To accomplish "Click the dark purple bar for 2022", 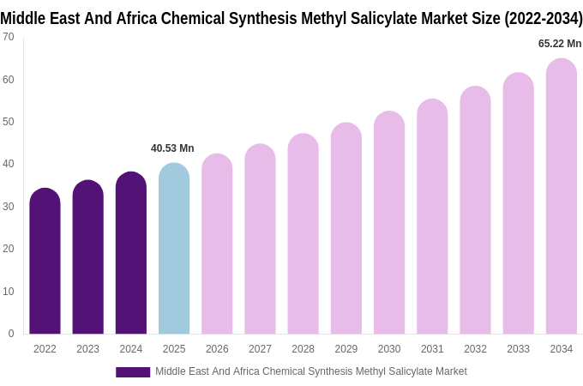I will click(x=45, y=262).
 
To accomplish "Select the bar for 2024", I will click(x=131, y=253).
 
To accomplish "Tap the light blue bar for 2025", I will click(x=174, y=249).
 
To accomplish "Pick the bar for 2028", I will click(x=303, y=234).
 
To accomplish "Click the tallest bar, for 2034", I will click(x=562, y=197).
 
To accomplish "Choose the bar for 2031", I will click(x=432, y=217).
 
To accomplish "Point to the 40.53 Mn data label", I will click(x=172, y=148).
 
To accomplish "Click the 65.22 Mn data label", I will click(x=560, y=44).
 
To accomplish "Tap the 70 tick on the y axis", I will click(x=8, y=37).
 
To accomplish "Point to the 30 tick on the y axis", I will click(x=8, y=207).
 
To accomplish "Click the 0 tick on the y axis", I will click(x=10, y=334).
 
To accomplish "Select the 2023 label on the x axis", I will click(x=88, y=349).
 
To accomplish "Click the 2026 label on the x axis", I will click(x=217, y=349).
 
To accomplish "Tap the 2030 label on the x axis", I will click(x=389, y=349).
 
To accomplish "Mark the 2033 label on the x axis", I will click(x=518, y=349).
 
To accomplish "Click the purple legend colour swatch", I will click(x=133, y=372).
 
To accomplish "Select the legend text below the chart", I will click(x=310, y=371).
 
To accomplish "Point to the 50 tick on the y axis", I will click(x=8, y=122).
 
